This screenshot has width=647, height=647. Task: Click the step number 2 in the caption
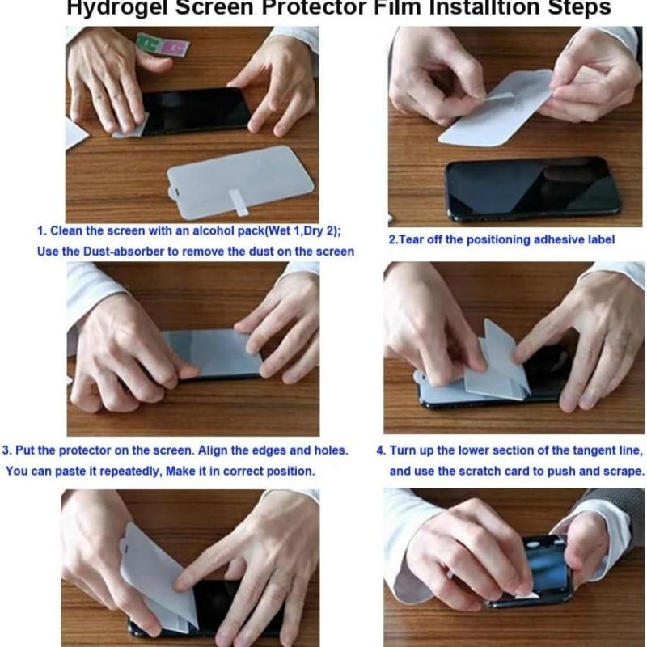392,240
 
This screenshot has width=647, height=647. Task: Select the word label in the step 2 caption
599,239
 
